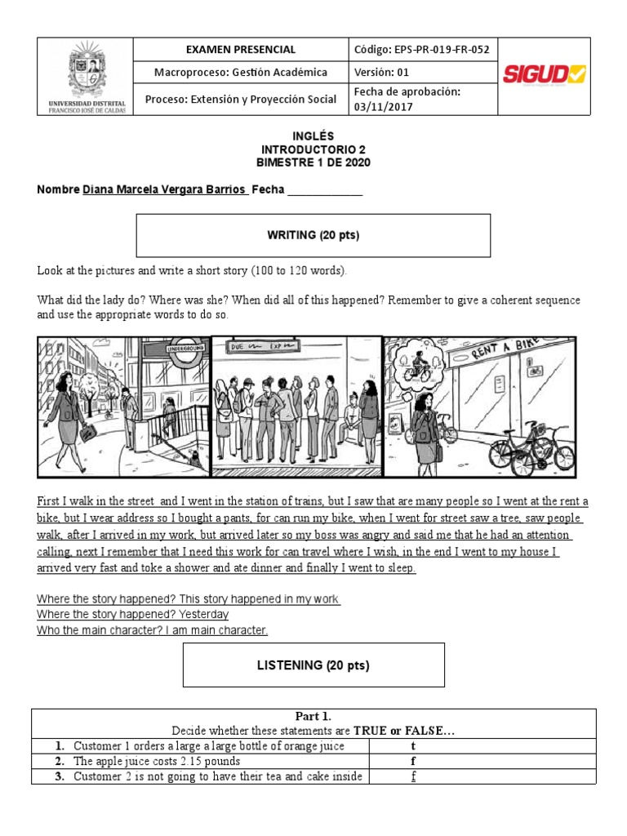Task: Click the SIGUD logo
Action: click(543, 75)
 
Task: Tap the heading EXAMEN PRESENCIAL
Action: click(241, 50)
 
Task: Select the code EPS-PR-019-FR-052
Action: click(421, 50)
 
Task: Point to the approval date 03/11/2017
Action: click(383, 106)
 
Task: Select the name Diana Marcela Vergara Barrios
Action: click(165, 189)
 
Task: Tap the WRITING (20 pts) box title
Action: click(313, 235)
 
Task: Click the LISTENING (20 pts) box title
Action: click(313, 665)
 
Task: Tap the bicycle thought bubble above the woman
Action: click(419, 361)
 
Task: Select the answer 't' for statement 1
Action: click(413, 746)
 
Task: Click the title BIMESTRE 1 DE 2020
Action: click(313, 162)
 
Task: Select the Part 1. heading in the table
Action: click(313, 716)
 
